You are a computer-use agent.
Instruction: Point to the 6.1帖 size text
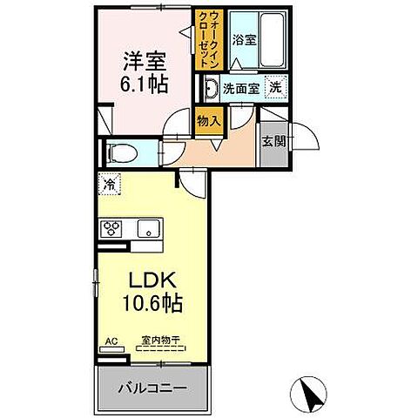[144, 85]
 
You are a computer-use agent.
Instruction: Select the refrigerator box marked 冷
[110, 184]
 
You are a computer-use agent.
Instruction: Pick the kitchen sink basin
[147, 230]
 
